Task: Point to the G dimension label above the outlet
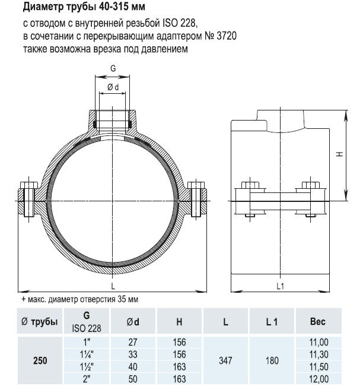[112, 68]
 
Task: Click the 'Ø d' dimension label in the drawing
[112, 88]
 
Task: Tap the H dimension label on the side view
[339, 154]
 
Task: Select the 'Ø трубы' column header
[40, 322]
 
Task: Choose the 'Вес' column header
[318, 322]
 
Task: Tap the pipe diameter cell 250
[40, 360]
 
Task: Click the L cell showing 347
[225, 360]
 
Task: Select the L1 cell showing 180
[271, 360]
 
